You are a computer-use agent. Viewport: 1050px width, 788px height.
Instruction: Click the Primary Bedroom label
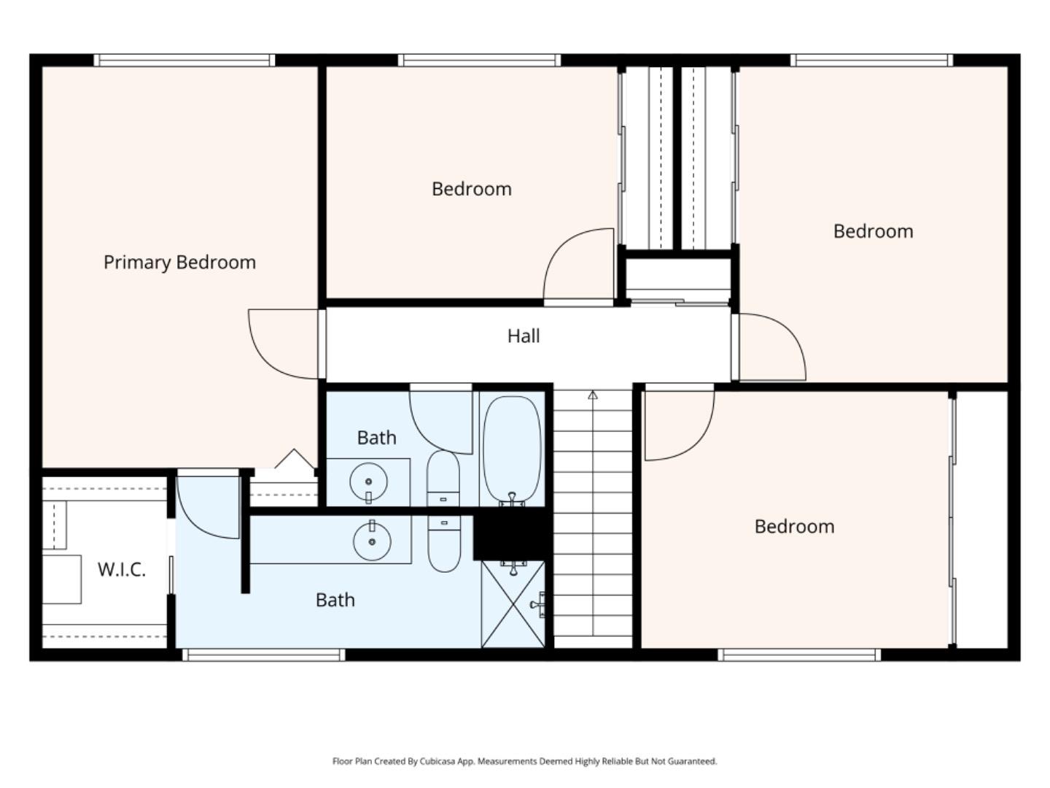[179, 263]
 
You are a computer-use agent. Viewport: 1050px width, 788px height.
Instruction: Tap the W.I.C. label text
[122, 569]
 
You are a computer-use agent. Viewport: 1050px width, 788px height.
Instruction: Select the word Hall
[524, 336]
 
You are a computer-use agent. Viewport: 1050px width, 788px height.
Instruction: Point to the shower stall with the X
[513, 604]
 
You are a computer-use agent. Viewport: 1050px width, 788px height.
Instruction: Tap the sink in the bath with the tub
[368, 482]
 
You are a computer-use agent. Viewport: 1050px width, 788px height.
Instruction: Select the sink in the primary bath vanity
[372, 541]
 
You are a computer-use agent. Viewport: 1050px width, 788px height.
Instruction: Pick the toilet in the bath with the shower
[444, 544]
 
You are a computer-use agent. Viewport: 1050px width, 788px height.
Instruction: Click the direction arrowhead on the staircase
[593, 395]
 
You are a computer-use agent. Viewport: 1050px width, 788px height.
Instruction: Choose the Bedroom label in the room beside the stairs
[794, 527]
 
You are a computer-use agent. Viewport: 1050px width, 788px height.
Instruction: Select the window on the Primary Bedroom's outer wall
[184, 61]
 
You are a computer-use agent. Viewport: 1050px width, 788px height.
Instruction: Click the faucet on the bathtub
[512, 500]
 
